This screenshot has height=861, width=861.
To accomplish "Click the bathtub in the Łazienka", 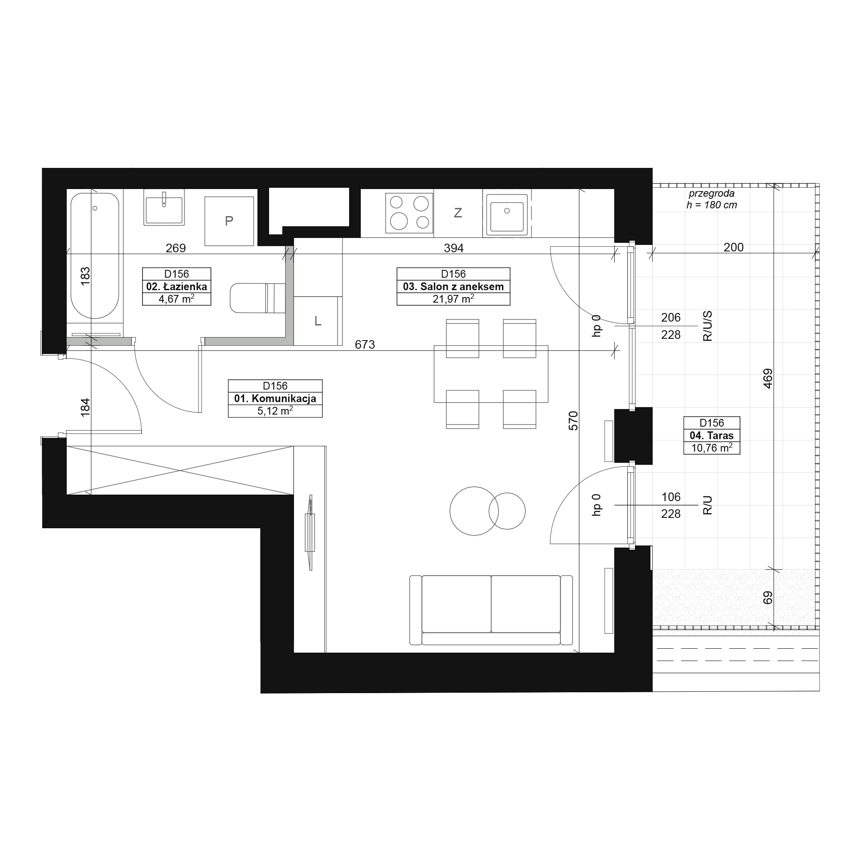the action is coord(94,255).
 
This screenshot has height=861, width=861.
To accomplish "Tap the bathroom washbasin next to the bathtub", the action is coord(164,207).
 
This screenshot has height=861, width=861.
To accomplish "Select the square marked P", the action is coord(229,221).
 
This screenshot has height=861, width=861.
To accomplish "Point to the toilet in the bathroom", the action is coord(257,298).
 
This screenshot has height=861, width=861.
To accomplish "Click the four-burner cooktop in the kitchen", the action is coord(409,213).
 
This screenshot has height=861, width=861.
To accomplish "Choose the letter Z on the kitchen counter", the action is coord(458,213).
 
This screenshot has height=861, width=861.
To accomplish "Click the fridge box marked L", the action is coord(318,321).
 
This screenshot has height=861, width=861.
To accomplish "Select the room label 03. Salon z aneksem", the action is coord(453,287).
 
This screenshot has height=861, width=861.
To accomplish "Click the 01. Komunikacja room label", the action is coord(275,398).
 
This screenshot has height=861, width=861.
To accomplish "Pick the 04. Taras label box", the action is coord(712,435).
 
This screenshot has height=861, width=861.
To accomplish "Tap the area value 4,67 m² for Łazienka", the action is coord(177,299).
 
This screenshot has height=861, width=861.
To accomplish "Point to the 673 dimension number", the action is coord(365,344).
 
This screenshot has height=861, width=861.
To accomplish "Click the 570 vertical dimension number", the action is coord(573,421).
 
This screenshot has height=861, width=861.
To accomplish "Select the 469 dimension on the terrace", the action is coord(768,378).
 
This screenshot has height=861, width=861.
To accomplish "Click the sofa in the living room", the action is coord(491,610).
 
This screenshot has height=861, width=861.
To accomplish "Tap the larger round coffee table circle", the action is coord(474,511).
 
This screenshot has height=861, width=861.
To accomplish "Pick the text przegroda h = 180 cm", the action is coord(712,199).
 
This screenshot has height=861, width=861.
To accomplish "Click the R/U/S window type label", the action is coord(708,326).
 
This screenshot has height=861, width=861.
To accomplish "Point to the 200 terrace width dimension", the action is coord(734,248).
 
